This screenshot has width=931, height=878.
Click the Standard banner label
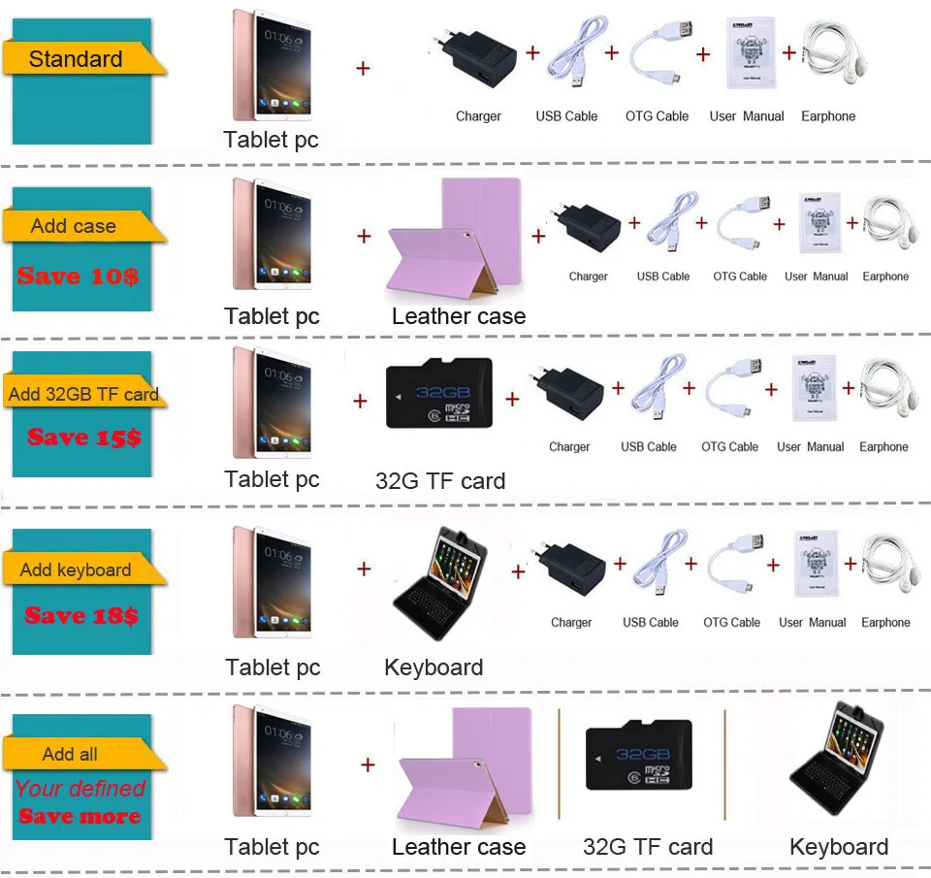(x=76, y=59)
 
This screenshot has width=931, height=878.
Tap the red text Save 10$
(x=78, y=276)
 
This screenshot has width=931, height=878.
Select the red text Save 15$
(x=83, y=438)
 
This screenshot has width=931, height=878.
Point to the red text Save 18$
(x=81, y=615)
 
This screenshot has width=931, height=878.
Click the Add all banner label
(x=70, y=754)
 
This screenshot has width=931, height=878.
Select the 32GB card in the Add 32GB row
(x=439, y=394)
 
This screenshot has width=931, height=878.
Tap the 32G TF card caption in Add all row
(x=648, y=847)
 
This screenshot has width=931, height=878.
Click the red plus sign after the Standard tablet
(x=364, y=68)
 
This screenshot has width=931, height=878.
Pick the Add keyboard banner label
(x=76, y=569)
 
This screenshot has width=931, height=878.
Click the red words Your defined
(x=80, y=789)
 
